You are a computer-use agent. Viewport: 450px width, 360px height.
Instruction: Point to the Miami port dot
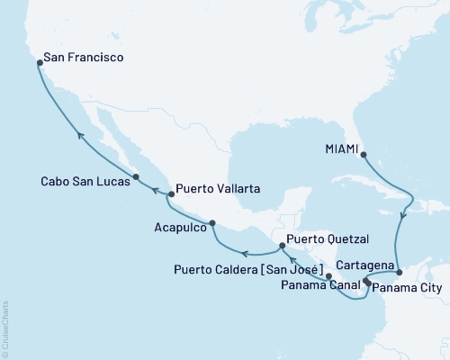(363, 154)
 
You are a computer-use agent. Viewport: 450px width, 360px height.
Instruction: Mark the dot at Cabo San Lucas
(135, 177)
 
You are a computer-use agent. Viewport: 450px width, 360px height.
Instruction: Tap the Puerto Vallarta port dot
(169, 193)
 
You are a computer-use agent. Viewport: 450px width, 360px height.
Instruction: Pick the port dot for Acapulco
(211, 223)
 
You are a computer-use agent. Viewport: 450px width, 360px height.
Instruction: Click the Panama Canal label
(317, 288)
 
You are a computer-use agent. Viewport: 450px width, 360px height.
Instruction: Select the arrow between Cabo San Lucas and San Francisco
(79, 135)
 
